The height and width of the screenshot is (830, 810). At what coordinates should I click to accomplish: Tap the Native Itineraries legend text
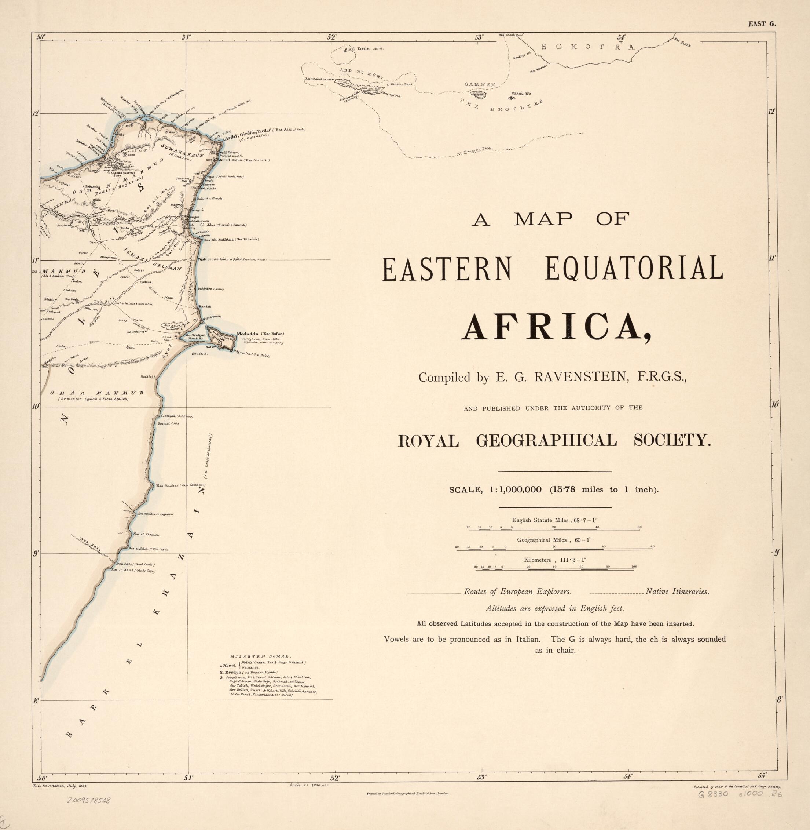[677, 591]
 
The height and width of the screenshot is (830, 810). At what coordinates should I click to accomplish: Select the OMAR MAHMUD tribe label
[96, 393]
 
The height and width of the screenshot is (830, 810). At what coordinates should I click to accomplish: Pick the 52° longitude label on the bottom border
[335, 778]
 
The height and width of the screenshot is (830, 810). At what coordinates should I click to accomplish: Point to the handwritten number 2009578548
[88, 800]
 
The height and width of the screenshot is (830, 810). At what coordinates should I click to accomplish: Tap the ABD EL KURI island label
[362, 73]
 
